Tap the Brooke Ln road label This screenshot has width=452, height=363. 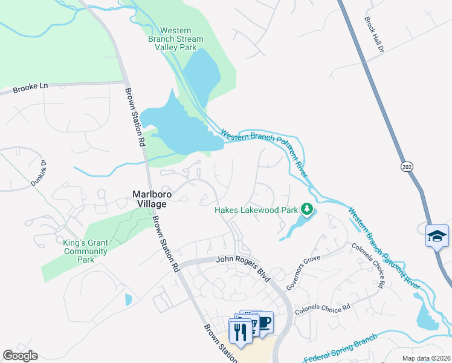30,87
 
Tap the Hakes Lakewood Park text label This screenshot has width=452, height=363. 257,211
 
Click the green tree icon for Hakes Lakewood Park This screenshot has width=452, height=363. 307,210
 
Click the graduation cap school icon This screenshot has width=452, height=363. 437,235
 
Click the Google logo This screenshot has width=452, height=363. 20,356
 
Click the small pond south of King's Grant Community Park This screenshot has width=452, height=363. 129,299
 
